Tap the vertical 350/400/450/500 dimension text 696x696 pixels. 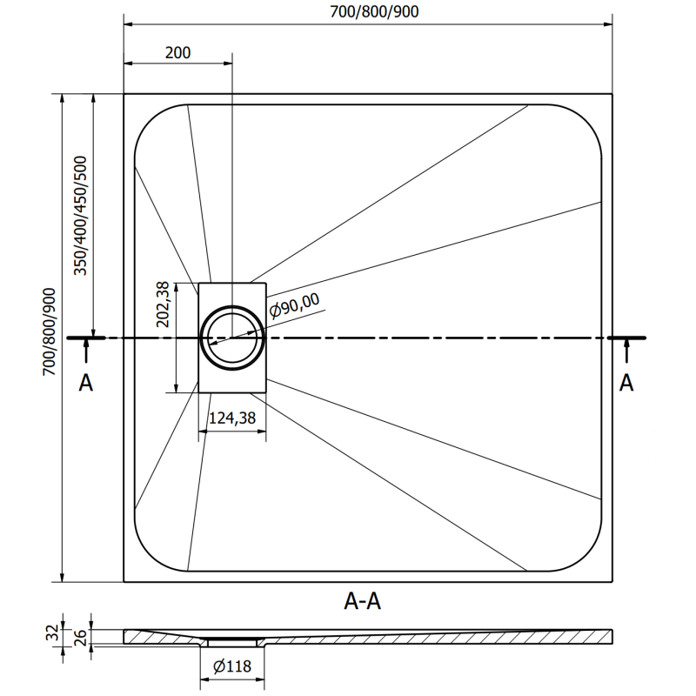[x=79, y=215]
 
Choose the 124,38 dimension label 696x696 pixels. [x=232, y=418]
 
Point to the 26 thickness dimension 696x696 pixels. [x=77, y=636]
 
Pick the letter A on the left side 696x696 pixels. [x=85, y=382]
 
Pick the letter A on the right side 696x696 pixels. [x=626, y=382]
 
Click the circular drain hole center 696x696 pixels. [x=232, y=338]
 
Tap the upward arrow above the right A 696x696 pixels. [x=626, y=350]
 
